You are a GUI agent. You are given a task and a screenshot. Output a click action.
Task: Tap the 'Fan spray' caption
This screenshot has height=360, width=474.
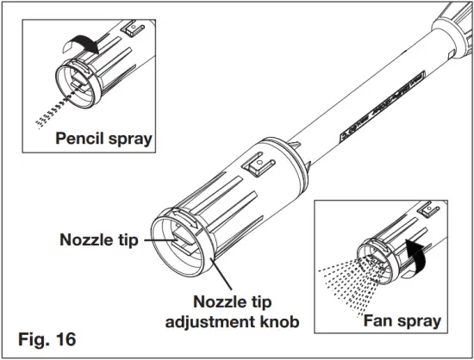coord(402,321)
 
